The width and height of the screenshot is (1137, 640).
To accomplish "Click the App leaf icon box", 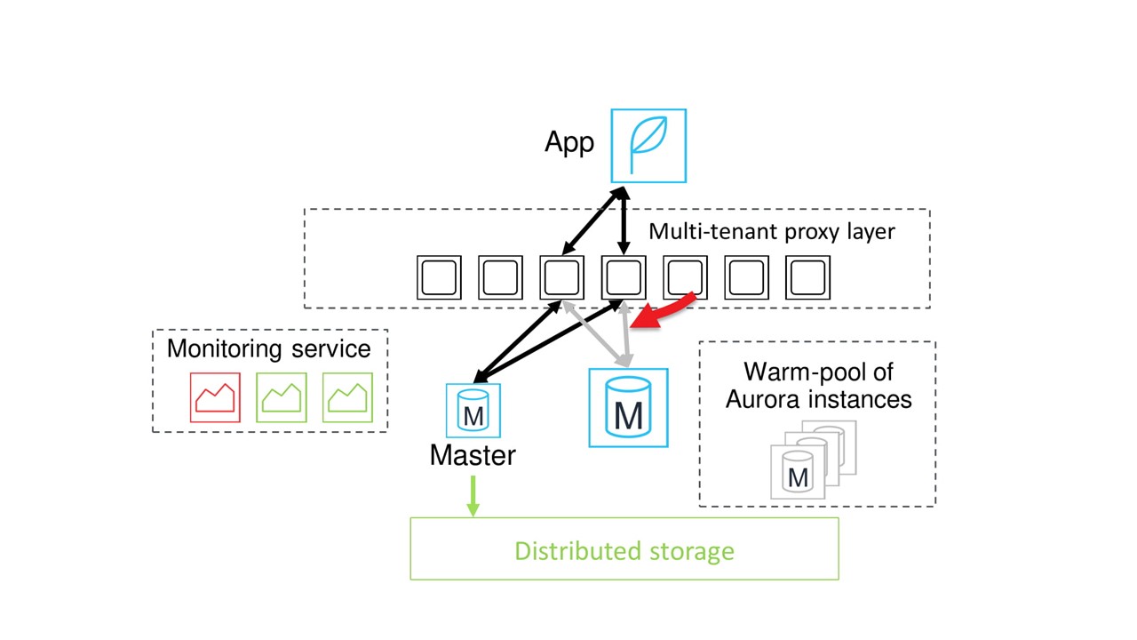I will point(648,146).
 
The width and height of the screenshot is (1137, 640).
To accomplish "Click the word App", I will point(569,142).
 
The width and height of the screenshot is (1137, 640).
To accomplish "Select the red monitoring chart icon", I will point(215,397).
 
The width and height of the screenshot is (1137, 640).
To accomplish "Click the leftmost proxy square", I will point(439,277).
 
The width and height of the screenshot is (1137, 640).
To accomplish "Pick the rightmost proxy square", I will point(807,277).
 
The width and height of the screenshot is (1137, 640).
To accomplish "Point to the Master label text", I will point(473,455).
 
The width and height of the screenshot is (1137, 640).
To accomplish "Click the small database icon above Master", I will point(473,410).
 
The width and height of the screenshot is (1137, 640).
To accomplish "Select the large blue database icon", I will point(628,408).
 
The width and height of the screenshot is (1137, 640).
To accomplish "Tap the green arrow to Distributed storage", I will point(473,495).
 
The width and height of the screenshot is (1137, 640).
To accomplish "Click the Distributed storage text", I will point(624,550).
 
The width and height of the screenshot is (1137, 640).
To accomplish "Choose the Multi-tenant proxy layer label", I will point(771,232).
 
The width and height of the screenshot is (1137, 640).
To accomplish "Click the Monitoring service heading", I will point(269,348).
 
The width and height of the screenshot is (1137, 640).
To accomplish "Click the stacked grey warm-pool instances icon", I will point(811,460).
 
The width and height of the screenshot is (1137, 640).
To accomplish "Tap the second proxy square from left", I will point(500,277).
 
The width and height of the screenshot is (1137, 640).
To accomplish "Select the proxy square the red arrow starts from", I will point(685,277).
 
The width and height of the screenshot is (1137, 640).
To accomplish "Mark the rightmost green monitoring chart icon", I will point(347,397).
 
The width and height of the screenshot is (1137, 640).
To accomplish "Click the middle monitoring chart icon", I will point(282,397).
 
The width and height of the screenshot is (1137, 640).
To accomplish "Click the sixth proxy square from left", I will point(746,277).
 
